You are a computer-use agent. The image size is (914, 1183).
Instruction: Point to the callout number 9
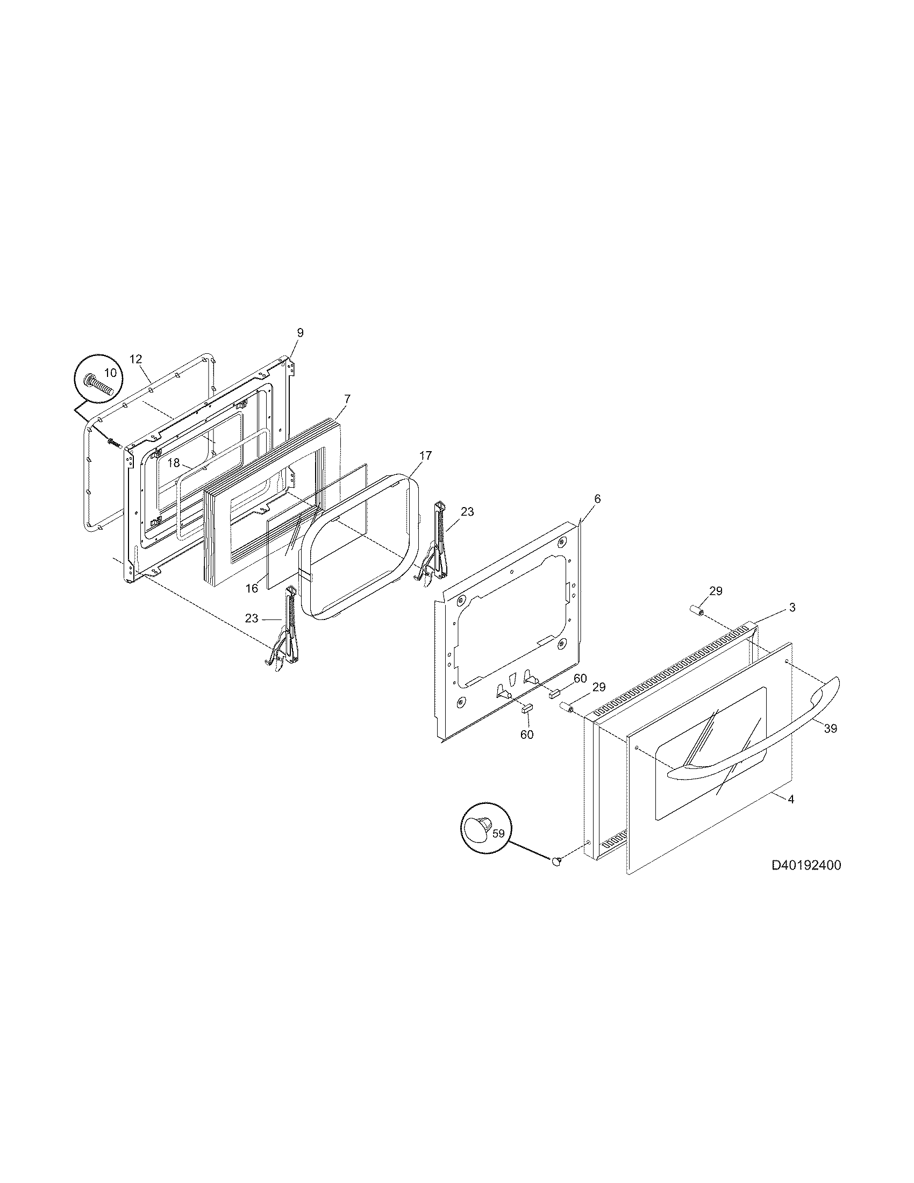click(x=300, y=332)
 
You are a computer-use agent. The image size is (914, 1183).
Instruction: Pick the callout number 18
click(x=173, y=463)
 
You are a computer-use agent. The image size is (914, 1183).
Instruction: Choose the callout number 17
click(x=426, y=455)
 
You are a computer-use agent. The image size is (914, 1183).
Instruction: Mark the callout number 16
click(x=252, y=588)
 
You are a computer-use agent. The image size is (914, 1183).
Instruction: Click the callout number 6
click(x=597, y=499)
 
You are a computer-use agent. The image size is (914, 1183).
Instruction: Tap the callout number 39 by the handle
click(x=830, y=729)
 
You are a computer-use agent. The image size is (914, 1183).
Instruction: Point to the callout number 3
click(x=791, y=608)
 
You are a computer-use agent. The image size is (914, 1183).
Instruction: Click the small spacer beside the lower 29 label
click(x=566, y=708)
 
